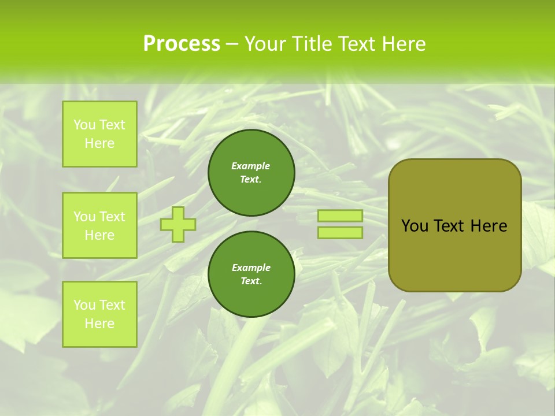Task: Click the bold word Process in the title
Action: coord(182,44)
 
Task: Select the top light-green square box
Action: coord(99,134)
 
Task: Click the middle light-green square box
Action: coord(99,225)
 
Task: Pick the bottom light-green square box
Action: coord(99,314)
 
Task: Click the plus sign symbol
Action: coord(178,224)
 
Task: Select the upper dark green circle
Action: coord(251,173)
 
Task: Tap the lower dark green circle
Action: coord(251,274)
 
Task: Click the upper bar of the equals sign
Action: coord(340,216)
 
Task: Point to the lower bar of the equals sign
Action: coord(340,233)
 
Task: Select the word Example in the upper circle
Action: coord(251,166)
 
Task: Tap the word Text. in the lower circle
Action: coord(251,281)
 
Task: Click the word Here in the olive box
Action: coord(489,226)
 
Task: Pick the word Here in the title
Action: coord(404,44)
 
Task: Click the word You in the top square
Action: coord(84,125)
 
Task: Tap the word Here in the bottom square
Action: coord(99,324)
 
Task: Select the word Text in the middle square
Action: coord(112,217)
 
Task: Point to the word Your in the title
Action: coord(267,44)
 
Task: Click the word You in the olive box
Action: coord(415,226)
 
